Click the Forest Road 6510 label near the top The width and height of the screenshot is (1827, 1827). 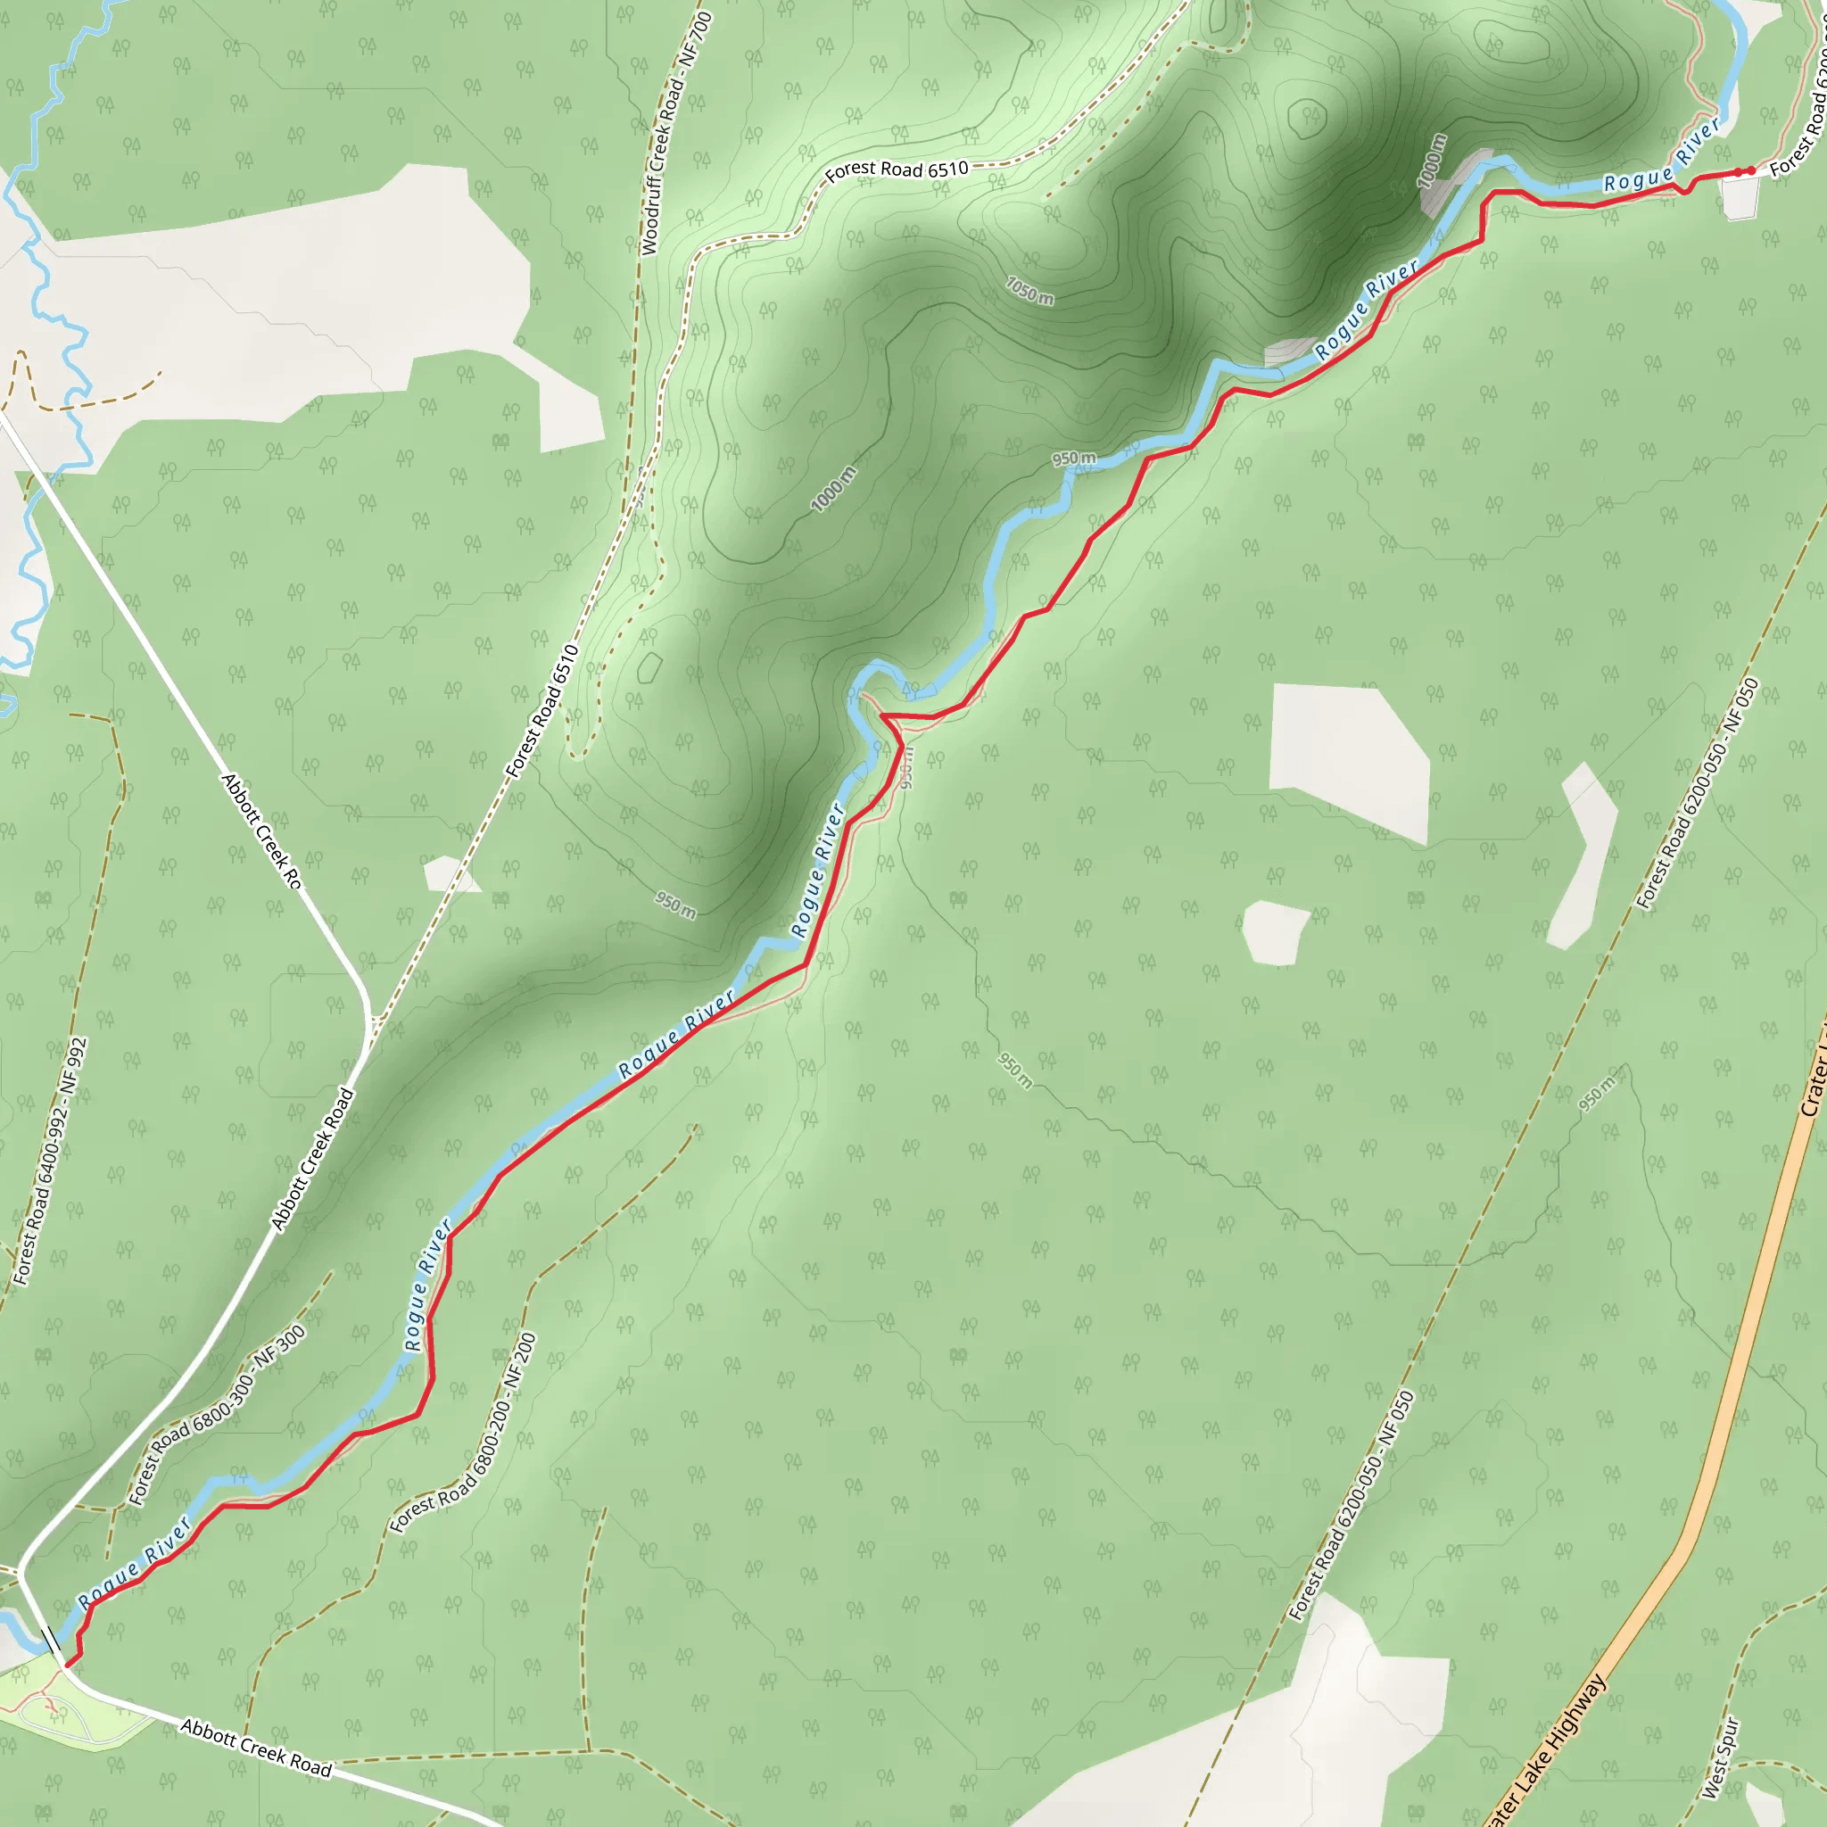coord(897,169)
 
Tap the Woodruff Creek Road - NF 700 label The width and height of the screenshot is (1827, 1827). coord(675,132)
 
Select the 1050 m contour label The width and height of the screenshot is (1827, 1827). coord(1029,290)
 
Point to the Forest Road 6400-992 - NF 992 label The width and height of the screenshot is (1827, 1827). coord(50,1162)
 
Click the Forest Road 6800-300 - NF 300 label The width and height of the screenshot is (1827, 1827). coord(218,1416)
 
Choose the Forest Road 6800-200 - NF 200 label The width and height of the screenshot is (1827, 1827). coord(463,1433)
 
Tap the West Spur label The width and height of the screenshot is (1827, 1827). coord(1719,1758)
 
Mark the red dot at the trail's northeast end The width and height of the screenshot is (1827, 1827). coord(1750,170)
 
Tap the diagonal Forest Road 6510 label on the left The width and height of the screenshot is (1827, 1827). coord(541,711)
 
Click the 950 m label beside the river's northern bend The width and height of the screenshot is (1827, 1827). coord(1074,459)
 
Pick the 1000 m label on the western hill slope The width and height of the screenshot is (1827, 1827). coord(834,489)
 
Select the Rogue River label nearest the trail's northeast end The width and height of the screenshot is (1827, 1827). coord(1661,156)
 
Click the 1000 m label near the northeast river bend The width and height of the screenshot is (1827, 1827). coord(1432,161)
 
